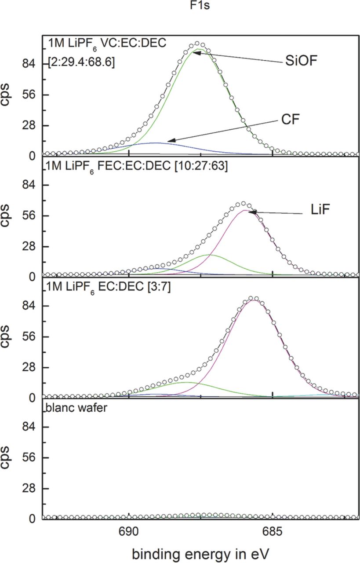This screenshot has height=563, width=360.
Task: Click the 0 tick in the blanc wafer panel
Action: pos(32,519)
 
